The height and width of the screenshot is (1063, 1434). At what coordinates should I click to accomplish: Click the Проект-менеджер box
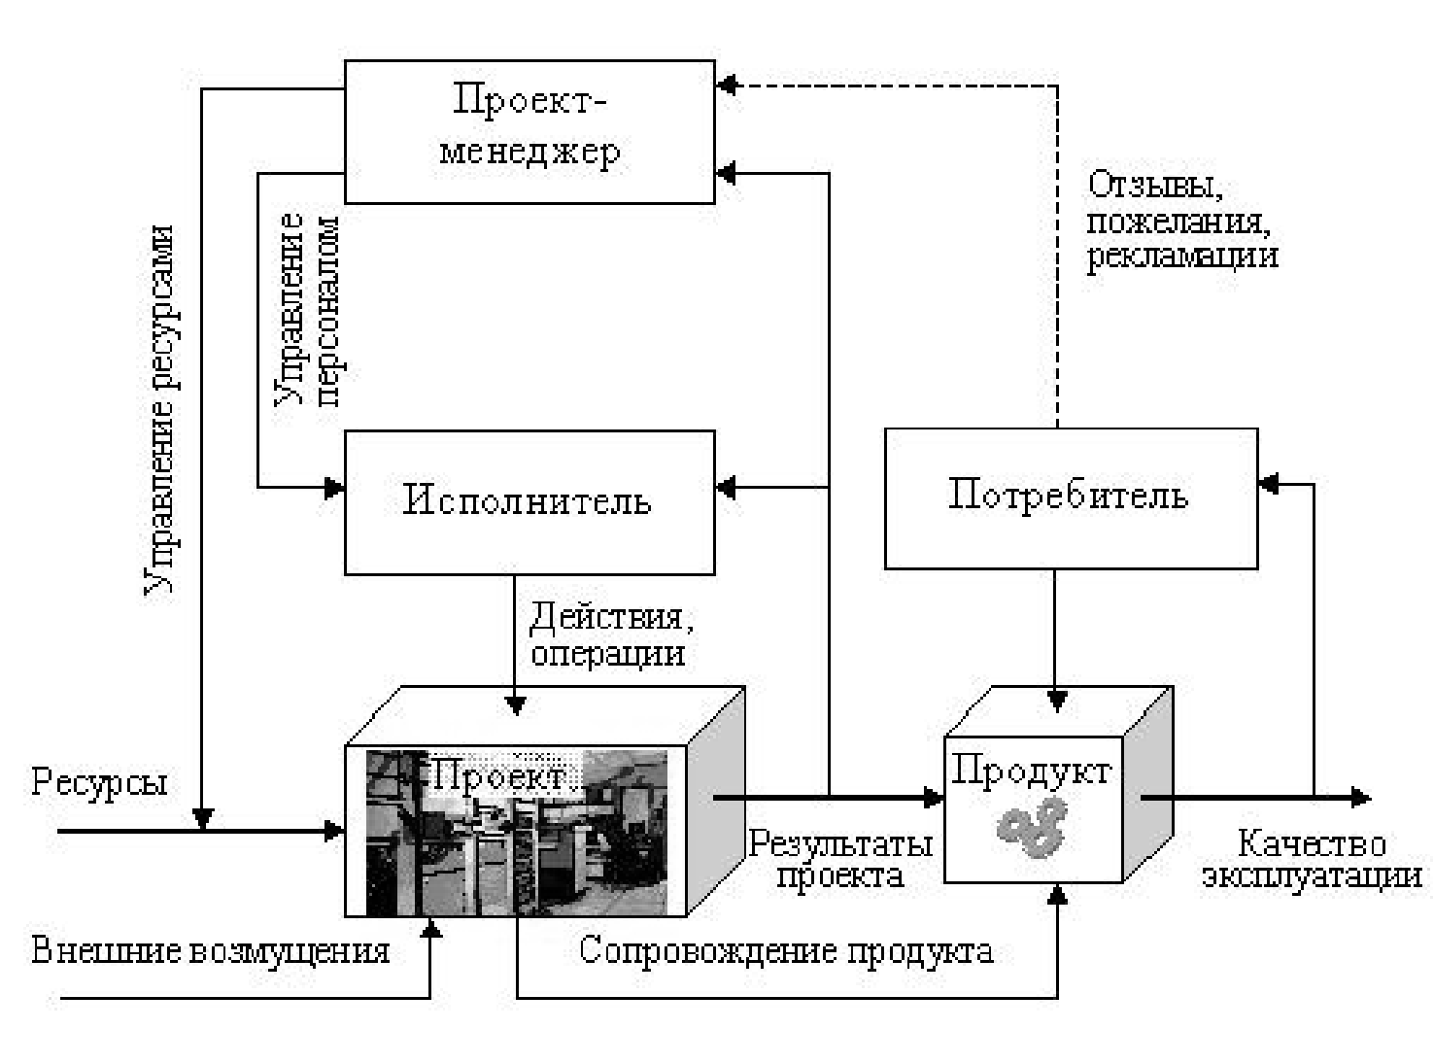(x=529, y=131)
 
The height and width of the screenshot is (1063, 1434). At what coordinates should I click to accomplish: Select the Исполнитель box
(x=529, y=501)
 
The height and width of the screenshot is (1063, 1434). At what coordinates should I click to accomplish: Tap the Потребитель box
(x=1070, y=497)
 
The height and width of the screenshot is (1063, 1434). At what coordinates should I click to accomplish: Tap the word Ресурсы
(x=99, y=781)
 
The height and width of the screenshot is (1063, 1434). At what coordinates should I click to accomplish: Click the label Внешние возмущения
(x=211, y=950)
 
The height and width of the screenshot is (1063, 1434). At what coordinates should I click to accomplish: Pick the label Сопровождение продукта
(x=786, y=950)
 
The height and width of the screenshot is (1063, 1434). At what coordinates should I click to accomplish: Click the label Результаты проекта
(x=839, y=859)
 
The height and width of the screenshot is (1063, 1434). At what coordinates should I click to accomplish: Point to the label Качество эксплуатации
(x=1312, y=859)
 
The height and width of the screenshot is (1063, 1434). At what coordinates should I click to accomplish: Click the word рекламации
(x=1181, y=257)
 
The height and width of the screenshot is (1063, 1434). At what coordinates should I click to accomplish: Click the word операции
(x=608, y=652)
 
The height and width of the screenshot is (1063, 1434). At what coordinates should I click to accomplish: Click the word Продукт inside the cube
(x=1031, y=771)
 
